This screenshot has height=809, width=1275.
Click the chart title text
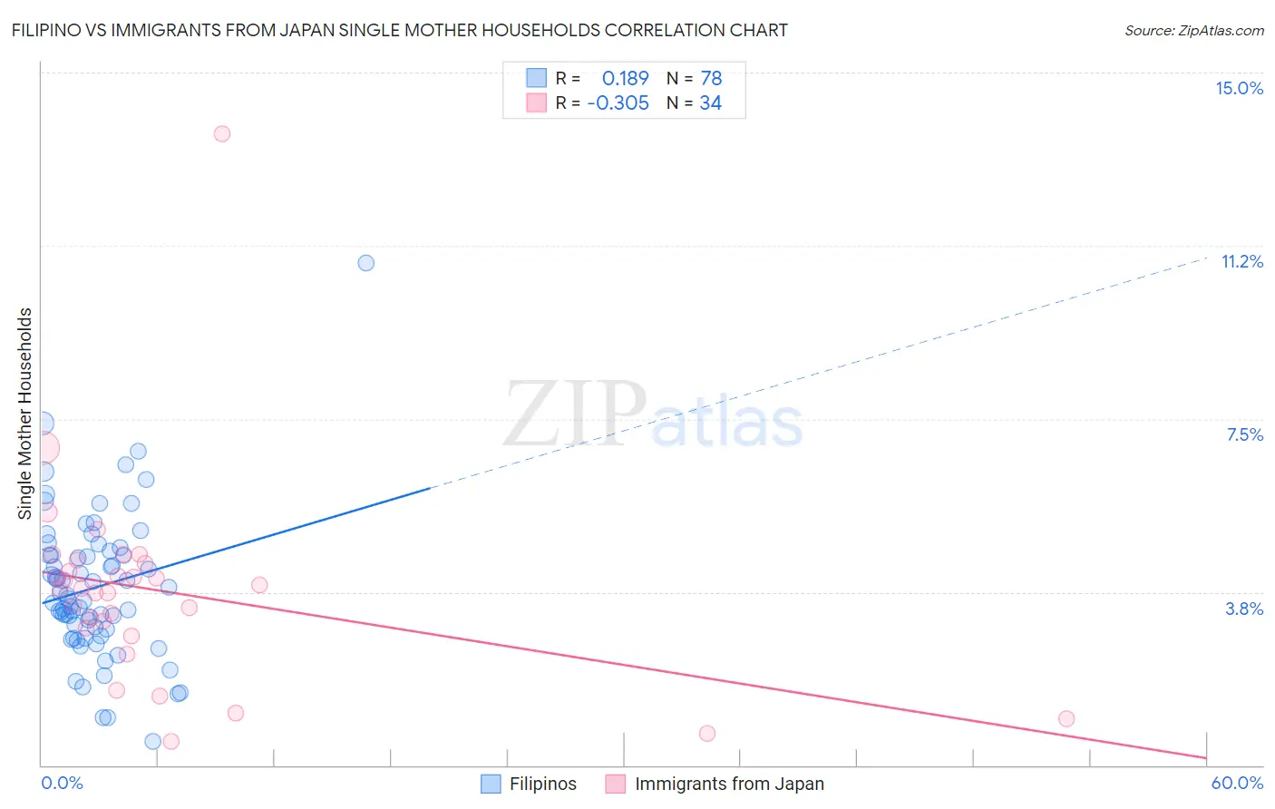[x=399, y=30]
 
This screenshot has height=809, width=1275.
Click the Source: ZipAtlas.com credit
[x=1193, y=30]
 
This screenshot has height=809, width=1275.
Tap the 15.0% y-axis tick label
[x=1239, y=88]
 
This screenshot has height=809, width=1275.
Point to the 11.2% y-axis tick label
[x=1241, y=261]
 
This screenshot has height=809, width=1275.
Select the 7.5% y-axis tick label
[x=1244, y=434]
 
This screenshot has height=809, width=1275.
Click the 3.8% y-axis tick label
[x=1244, y=609]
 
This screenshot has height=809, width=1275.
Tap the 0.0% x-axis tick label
[x=62, y=783]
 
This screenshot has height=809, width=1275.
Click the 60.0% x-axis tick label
[x=1237, y=783]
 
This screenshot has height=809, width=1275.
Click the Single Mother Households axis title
[x=24, y=414]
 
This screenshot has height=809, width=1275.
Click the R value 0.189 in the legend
[x=625, y=78]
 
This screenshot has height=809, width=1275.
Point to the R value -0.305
[x=618, y=103]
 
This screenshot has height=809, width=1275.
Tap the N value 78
[x=711, y=78]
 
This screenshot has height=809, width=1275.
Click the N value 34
[x=710, y=103]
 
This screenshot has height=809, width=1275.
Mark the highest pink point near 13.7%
[x=222, y=133]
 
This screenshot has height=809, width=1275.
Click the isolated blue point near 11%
[x=366, y=263]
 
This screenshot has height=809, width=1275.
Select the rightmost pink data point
[x=1066, y=718]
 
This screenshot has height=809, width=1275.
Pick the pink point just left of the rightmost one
[x=707, y=733]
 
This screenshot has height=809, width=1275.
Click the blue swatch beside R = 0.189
[x=537, y=78]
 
